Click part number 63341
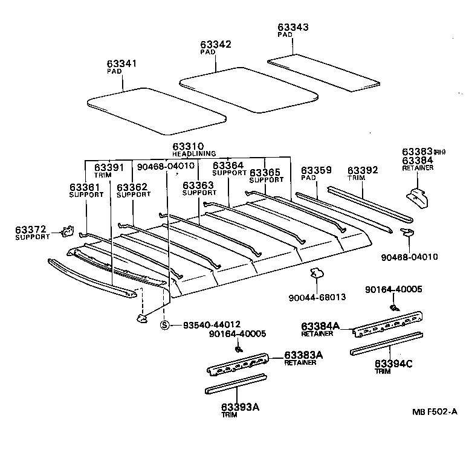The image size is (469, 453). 121,63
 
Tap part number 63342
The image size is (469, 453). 216,44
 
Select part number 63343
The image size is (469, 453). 293,27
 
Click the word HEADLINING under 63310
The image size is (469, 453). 194,153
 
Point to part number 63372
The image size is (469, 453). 31,230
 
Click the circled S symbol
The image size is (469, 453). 165,325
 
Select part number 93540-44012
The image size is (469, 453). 212,324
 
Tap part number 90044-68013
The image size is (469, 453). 317,297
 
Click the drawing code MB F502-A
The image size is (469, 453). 435,412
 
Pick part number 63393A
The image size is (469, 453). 240,407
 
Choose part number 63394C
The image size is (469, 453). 393,364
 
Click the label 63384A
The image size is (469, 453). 320,326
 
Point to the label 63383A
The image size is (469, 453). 303,355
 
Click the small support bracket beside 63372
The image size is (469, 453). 68,231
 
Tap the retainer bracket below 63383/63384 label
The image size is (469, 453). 418,198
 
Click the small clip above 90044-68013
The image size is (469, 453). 317,272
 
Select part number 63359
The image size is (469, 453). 316,170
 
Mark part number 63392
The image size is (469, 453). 363,170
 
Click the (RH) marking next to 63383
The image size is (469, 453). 439,152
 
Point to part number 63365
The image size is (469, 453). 265,172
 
